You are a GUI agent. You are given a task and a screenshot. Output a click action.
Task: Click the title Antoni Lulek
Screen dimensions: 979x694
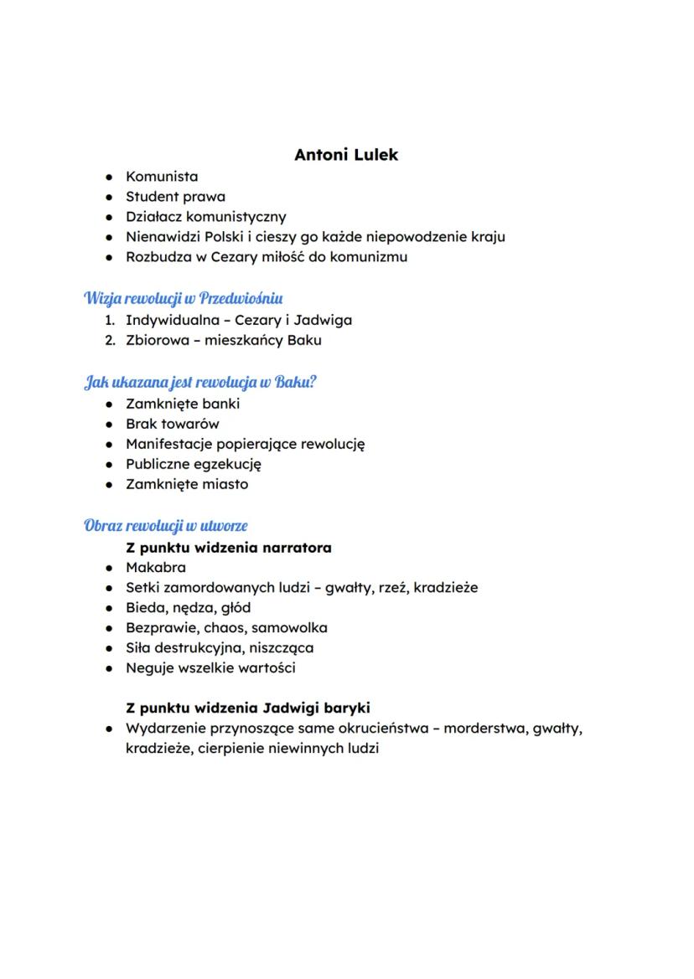[346, 155]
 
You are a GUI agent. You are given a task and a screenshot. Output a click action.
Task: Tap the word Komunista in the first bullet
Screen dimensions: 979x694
[162, 177]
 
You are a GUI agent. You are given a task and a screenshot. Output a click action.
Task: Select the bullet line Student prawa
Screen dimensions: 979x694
[175, 197]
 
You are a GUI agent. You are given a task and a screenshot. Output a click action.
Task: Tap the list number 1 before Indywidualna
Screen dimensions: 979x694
[109, 320]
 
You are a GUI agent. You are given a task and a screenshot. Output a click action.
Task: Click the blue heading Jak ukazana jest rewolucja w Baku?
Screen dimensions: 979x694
[200, 383]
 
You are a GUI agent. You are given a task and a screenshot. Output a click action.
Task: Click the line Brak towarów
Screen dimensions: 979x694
[173, 424]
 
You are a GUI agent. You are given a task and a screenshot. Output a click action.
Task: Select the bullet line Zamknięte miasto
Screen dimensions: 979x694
[187, 484]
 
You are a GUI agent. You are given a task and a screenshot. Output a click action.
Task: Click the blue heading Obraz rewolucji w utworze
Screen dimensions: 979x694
[166, 526]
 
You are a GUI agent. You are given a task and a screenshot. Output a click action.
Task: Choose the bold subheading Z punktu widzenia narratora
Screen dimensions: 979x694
[228, 548]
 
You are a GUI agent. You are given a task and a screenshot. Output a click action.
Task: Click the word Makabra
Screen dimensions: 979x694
[156, 568]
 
